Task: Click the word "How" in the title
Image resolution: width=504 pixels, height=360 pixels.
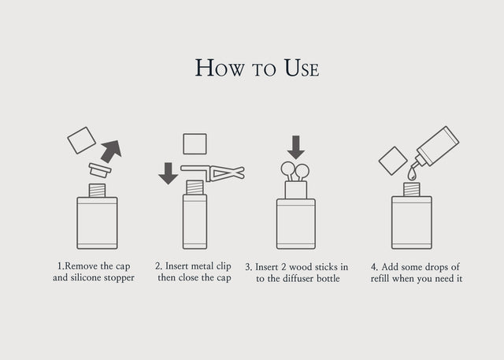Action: point(220,68)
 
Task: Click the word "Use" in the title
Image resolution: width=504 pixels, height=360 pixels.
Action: point(302,68)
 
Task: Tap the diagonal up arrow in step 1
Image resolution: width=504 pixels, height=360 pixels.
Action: point(111,151)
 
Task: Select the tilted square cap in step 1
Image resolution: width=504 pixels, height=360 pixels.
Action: point(81,140)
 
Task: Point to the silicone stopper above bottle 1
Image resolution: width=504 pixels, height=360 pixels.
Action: point(100,170)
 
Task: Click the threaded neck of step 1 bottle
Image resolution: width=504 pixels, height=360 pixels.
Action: point(97,191)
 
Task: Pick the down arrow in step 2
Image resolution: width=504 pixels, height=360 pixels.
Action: point(168,173)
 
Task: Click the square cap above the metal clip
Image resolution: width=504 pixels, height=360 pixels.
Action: point(195,144)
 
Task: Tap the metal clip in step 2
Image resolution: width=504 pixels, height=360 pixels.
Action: point(213,173)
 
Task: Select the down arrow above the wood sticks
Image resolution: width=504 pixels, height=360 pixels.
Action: point(296,147)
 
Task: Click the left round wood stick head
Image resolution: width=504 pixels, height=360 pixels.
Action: point(287,169)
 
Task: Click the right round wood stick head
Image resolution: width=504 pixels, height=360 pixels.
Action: point(302,171)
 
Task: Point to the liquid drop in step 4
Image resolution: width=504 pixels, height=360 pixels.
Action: point(411,174)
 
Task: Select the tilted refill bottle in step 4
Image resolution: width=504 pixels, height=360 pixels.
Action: point(436,147)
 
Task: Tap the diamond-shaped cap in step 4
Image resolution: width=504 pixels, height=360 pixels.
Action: point(393,161)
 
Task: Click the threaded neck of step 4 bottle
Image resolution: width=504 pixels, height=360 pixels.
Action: point(412,189)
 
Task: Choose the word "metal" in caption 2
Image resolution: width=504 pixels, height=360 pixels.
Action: point(202,266)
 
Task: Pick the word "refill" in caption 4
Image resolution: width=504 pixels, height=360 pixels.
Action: point(380,278)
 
